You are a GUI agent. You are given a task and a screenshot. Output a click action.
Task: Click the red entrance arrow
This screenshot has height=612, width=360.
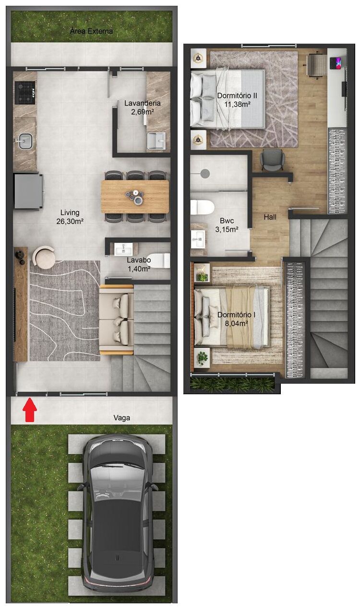(30, 411)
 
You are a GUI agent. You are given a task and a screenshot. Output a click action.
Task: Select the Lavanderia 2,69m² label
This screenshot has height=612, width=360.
(142, 107)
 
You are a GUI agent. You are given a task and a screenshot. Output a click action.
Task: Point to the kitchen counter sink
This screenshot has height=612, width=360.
(24, 141)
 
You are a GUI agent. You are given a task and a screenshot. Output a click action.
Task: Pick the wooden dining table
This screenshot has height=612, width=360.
(135, 196)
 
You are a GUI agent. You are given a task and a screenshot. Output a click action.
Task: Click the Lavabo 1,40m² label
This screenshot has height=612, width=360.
(139, 264)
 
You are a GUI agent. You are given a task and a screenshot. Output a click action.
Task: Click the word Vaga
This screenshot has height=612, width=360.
(122, 418)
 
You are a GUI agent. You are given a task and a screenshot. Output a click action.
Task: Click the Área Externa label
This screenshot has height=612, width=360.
(91, 31)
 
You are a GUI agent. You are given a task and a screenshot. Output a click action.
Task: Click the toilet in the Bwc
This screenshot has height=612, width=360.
(202, 207)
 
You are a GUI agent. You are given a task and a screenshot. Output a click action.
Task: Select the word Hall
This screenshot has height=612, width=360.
(270, 217)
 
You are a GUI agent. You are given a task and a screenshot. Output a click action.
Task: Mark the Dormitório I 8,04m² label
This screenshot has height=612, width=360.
(233, 319)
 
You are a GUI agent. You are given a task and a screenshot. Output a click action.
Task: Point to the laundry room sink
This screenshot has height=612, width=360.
(156, 141)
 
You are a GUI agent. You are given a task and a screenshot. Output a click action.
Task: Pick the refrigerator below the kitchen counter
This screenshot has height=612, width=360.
(28, 191)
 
